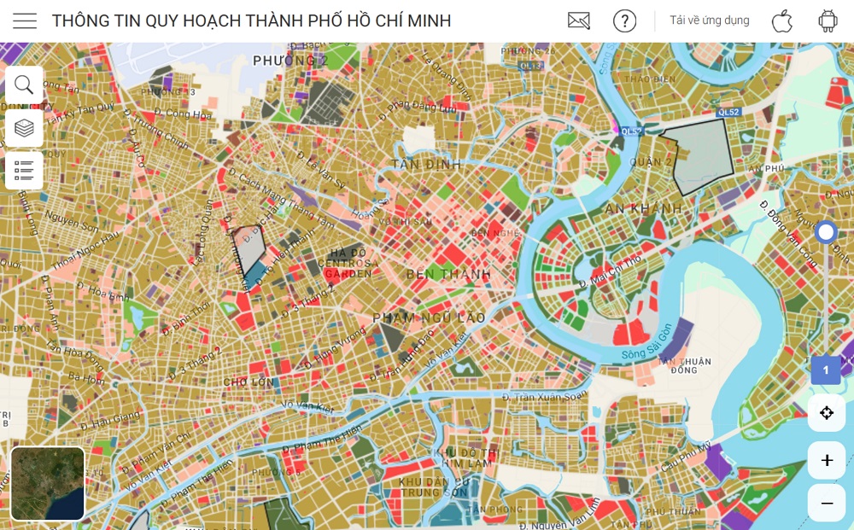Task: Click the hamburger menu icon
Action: pyautogui.click(x=25, y=21)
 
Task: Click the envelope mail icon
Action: pyautogui.click(x=579, y=21)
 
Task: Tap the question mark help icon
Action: pyautogui.click(x=624, y=21)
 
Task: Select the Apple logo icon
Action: pyautogui.click(x=782, y=21)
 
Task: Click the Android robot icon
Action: pyautogui.click(x=828, y=21)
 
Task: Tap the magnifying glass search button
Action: pyautogui.click(x=24, y=84)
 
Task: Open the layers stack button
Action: pyautogui.click(x=24, y=128)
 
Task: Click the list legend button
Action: pyautogui.click(x=24, y=171)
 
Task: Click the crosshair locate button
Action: pyautogui.click(x=827, y=413)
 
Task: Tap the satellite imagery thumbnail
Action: pyautogui.click(x=48, y=483)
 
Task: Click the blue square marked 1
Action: pyautogui.click(x=826, y=370)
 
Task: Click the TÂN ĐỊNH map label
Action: pyautogui.click(x=426, y=164)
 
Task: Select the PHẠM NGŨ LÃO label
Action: pyautogui.click(x=429, y=317)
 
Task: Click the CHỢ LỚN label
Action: pyautogui.click(x=249, y=381)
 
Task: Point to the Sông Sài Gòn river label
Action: pyautogui.click(x=649, y=340)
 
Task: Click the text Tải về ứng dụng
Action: pyautogui.click(x=709, y=20)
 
